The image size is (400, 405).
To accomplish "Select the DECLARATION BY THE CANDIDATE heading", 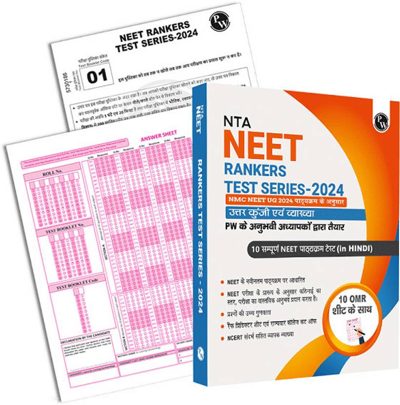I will tap(83, 340).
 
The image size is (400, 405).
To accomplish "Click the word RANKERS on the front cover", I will tap(256, 170).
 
